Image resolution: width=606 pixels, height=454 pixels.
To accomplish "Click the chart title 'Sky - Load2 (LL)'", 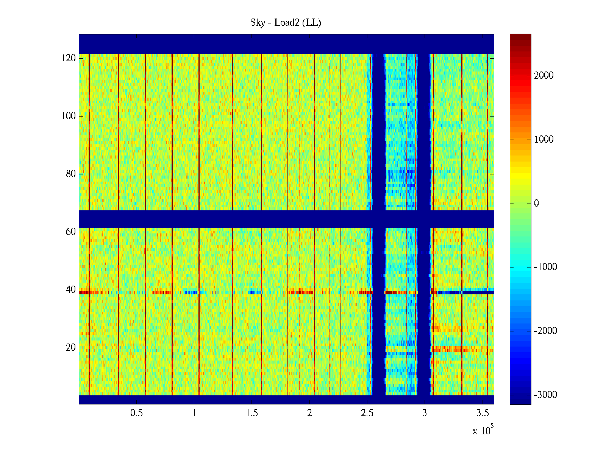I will (286, 23).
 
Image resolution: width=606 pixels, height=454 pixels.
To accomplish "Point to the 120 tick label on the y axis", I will (69, 58).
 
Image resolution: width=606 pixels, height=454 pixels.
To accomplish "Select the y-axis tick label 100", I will (69, 116).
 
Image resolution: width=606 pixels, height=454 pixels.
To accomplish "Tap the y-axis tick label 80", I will (71, 174).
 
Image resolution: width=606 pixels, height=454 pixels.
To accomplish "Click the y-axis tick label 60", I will (71, 232).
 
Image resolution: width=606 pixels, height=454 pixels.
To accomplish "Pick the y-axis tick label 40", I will (71, 290).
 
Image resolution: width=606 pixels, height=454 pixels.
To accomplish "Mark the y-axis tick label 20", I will (71, 348).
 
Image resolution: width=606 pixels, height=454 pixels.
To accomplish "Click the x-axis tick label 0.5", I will (136, 413).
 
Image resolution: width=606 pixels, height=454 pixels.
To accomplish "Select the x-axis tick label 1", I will (194, 413).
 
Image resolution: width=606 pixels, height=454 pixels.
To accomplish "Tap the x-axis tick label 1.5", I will (252, 413).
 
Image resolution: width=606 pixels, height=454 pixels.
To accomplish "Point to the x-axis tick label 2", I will (309, 413).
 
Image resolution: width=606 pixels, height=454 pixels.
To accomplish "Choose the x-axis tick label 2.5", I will (367, 413).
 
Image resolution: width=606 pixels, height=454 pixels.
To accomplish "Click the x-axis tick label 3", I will (425, 413).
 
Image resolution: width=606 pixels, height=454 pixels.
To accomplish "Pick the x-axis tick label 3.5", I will (482, 413).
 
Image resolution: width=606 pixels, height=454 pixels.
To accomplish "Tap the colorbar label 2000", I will (544, 76).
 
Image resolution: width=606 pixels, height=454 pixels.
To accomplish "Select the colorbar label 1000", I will (544, 140).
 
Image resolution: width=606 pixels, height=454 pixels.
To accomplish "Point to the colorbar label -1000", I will (545, 267).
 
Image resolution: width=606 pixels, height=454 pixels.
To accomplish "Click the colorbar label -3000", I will (545, 395).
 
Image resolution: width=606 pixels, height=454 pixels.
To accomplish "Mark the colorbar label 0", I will (536, 204).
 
